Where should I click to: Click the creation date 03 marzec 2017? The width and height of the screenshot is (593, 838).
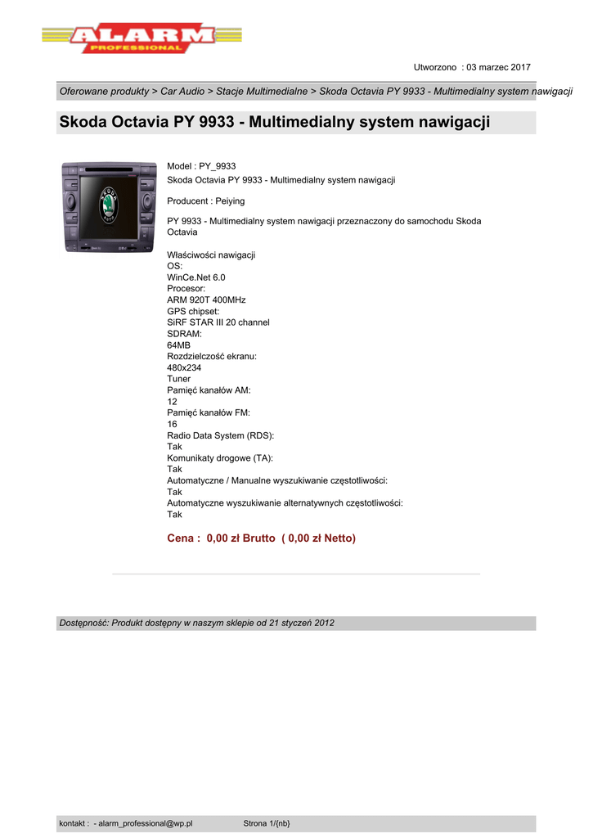[498, 67]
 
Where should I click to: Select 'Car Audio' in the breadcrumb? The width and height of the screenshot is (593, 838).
[183, 92]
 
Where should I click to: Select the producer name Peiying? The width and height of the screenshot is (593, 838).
[230, 200]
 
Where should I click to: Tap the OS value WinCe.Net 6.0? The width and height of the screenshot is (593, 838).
[196, 277]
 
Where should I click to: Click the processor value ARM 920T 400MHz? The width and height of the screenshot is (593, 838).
[206, 300]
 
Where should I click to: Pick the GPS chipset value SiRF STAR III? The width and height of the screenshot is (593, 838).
[218, 322]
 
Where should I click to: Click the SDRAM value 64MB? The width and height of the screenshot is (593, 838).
[178, 345]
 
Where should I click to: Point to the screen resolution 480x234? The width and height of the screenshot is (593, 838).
[184, 368]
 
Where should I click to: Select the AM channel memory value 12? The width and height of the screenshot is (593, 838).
[172, 402]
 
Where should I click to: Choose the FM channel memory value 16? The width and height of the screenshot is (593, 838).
[172, 425]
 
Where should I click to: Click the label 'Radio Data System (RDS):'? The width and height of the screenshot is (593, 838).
[220, 436]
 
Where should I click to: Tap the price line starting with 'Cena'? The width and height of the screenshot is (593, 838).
[261, 538]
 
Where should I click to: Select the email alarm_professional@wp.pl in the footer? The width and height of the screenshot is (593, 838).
[145, 823]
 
